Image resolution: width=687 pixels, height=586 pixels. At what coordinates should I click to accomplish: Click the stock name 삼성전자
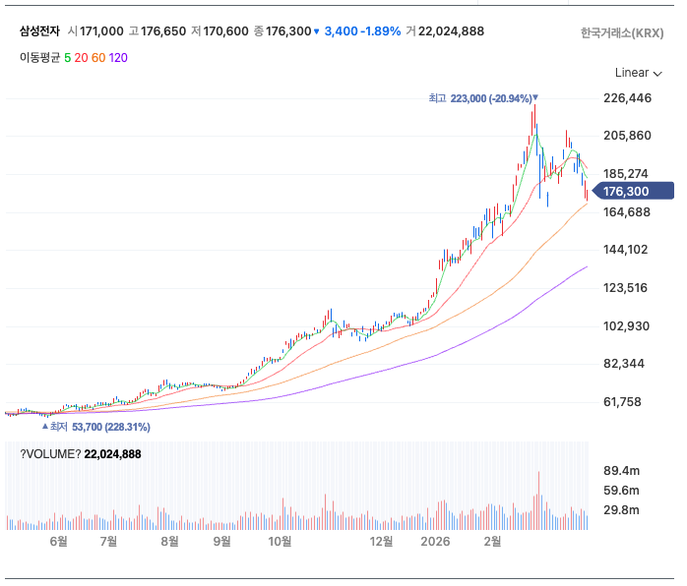click(39, 31)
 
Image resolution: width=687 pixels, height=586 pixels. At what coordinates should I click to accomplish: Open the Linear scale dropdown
click(638, 73)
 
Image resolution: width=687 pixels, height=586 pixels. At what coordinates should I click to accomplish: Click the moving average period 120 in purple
click(118, 57)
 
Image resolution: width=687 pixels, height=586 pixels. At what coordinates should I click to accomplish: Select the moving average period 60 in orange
click(98, 57)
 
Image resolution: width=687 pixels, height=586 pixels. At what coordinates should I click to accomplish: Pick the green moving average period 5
click(67, 57)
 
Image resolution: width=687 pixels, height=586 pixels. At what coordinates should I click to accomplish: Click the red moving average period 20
click(81, 57)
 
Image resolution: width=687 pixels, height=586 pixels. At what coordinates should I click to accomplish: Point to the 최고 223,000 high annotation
click(482, 98)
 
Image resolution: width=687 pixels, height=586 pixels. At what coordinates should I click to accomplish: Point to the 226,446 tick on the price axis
click(627, 98)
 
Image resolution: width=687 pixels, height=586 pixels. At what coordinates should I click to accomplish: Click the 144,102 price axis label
click(627, 250)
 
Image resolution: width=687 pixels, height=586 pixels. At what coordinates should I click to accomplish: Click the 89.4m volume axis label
click(620, 471)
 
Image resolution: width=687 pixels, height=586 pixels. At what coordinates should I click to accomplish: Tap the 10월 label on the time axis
click(281, 541)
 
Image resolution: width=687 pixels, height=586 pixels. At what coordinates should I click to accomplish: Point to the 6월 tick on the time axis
click(58, 541)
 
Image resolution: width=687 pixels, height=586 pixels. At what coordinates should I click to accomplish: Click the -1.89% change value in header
click(380, 31)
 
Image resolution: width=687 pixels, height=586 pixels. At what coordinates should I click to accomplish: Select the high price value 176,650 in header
click(163, 31)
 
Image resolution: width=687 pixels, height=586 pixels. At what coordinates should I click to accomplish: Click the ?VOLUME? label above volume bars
click(50, 454)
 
